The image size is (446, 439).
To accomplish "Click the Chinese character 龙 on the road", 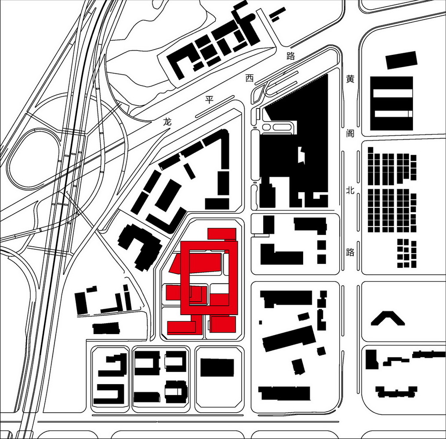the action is pyautogui.click(x=168, y=122).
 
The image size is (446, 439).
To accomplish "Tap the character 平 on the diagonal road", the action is pyautogui.click(x=209, y=100).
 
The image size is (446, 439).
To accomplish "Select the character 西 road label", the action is pyautogui.click(x=250, y=78).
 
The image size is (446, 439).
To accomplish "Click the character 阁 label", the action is pyautogui.click(x=350, y=133).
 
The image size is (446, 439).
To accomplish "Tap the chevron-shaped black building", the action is pyautogui.click(x=388, y=318).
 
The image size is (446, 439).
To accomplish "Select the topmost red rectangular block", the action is pyautogui.click(x=222, y=234).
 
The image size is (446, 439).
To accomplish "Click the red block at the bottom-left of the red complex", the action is pyautogui.click(x=181, y=327).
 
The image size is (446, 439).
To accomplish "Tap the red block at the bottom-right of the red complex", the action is pyautogui.click(x=224, y=324).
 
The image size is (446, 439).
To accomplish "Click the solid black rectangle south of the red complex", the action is pyautogui.click(x=217, y=368).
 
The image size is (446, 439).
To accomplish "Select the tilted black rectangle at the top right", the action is pyautogui.click(x=401, y=60).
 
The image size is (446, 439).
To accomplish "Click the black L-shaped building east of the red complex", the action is pyautogui.click(x=282, y=254).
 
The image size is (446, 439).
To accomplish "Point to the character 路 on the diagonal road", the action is pyautogui.click(x=291, y=56).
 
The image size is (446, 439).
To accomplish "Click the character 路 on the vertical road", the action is pyautogui.click(x=350, y=252).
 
